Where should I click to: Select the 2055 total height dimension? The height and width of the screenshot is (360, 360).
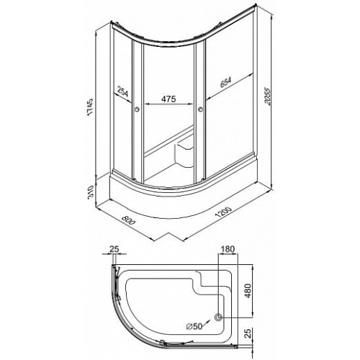click(x=268, y=96)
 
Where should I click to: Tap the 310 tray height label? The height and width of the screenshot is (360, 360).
click(x=90, y=192)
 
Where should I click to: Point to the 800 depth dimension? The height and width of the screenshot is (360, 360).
click(x=128, y=220)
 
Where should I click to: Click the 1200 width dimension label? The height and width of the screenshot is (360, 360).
click(x=224, y=212)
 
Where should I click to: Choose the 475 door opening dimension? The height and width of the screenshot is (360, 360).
click(x=168, y=99)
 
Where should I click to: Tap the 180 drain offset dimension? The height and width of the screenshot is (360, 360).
click(x=228, y=249)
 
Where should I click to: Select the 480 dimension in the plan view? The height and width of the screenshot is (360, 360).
click(x=248, y=291)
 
